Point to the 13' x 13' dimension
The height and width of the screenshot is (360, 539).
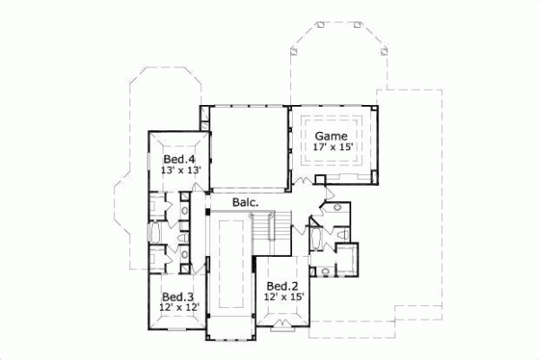tap(179, 169)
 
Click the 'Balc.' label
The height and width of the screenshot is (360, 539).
tap(245, 203)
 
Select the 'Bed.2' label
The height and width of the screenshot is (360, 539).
tap(283, 285)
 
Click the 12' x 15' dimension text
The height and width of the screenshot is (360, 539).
tap(284, 296)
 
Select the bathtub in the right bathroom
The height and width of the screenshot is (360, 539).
tap(318, 239)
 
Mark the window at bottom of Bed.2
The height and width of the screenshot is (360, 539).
tap(284, 322)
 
